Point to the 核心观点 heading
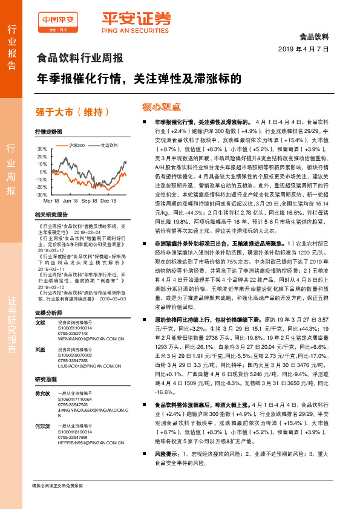coord(161,107)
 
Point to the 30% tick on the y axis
coord(42,149)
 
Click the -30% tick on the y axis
coord(41,195)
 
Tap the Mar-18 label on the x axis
coord(51,200)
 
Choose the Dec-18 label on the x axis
coord(108,200)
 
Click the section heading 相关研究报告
coord(50,215)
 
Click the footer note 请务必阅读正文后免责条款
coord(57,485)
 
